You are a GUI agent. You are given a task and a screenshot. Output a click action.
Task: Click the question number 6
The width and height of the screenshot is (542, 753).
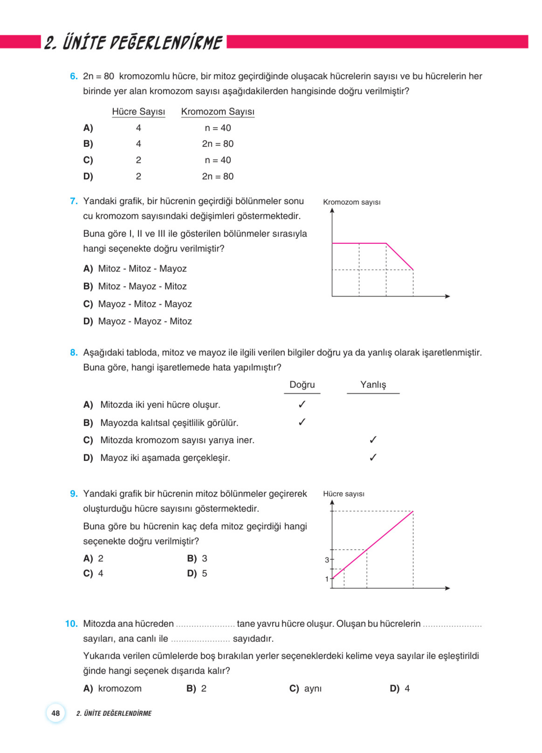pyautogui.click(x=73, y=76)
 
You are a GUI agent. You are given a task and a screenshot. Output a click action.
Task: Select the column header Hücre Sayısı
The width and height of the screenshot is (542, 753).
pyautogui.click(x=139, y=112)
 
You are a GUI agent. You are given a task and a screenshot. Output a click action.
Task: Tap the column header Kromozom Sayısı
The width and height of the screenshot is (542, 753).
pyautogui.click(x=218, y=112)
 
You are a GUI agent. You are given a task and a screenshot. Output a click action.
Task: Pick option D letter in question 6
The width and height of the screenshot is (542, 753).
pyautogui.click(x=88, y=176)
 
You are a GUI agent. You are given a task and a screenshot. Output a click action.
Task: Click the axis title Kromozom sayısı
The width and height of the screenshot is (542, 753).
pyautogui.click(x=352, y=202)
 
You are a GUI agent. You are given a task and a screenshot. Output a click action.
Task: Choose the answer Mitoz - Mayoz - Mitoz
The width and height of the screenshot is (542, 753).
pyautogui.click(x=142, y=286)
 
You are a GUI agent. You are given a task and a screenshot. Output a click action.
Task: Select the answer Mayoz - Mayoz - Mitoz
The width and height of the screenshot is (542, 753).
pyautogui.click(x=145, y=321)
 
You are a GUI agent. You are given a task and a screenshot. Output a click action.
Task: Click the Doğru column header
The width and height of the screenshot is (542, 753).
pyautogui.click(x=302, y=385)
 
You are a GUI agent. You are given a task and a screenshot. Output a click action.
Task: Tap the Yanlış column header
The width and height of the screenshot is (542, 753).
pyautogui.click(x=373, y=385)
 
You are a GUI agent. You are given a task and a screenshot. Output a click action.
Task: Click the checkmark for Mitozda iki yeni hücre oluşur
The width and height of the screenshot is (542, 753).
pyautogui.click(x=302, y=404)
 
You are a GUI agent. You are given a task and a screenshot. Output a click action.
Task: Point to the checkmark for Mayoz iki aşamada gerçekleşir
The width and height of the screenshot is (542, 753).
pyautogui.click(x=373, y=457)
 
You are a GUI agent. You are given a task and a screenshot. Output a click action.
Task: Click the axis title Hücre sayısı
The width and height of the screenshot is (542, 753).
pyautogui.click(x=344, y=494)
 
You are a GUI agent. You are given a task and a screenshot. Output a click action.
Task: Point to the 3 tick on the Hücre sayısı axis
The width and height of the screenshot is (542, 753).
pyautogui.click(x=327, y=560)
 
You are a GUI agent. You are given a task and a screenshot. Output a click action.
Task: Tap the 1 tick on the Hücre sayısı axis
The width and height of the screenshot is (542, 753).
pyautogui.click(x=327, y=579)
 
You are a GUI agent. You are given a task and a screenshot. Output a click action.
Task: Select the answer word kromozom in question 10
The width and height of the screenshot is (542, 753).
pyautogui.click(x=120, y=688)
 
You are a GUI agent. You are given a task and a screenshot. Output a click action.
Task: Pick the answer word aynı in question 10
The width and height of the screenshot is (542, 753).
pyautogui.click(x=313, y=688)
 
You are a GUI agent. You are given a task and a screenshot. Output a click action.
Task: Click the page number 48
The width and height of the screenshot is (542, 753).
pyautogui.click(x=56, y=713)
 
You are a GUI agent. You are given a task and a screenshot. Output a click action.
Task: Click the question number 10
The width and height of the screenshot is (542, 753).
pyautogui.click(x=71, y=623)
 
